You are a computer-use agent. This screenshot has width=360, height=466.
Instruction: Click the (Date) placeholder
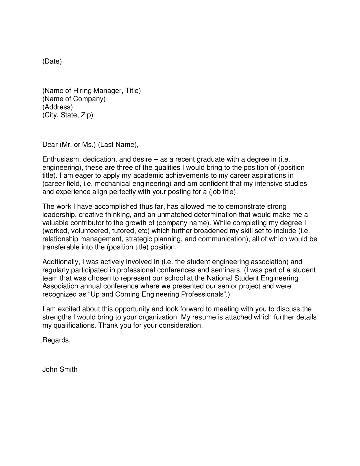[x=52, y=61]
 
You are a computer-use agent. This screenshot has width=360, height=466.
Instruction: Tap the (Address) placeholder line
[x=58, y=107]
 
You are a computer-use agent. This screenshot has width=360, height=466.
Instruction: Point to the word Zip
[x=87, y=115]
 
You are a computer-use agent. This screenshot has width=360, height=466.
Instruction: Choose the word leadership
[x=58, y=215]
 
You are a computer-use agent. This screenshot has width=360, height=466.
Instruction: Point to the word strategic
[x=138, y=239]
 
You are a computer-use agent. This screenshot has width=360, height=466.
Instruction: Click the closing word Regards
[x=56, y=340]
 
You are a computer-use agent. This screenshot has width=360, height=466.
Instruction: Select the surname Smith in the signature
[x=68, y=369]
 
